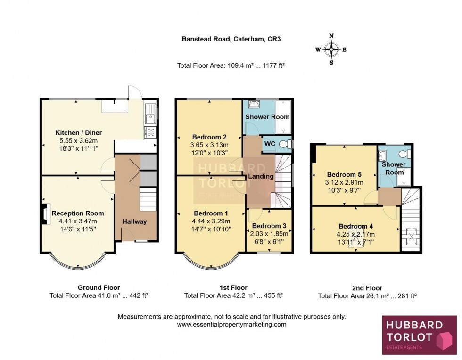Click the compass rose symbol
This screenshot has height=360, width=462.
331,49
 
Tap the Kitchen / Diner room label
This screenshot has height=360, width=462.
79,132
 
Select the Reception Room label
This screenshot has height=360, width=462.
78,213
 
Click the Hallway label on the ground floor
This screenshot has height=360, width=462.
134,221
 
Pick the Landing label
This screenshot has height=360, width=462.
261,176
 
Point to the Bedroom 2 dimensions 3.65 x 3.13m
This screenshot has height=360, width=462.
209,145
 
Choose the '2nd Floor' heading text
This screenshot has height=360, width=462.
367,288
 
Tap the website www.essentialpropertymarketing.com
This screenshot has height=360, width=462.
231,325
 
